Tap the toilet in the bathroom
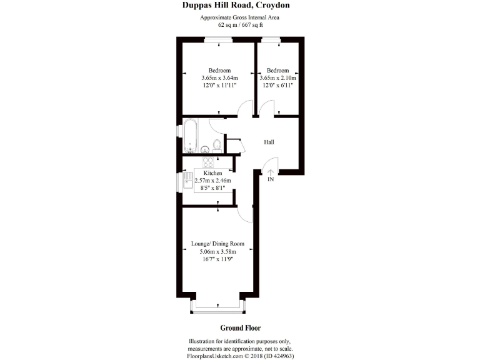pyautogui.click(x=217, y=146)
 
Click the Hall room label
pyautogui.click(x=269, y=142)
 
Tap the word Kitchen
pyautogui.click(x=212, y=172)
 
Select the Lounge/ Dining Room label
pyautogui.click(x=217, y=244)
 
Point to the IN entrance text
pyautogui.click(x=271, y=180)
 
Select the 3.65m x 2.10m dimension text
pyautogui.click(x=278, y=78)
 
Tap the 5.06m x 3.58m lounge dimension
pyautogui.click(x=217, y=252)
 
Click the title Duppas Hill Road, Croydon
pyautogui.click(x=240, y=6)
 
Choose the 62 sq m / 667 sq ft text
pyautogui.click(x=240, y=26)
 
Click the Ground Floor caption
pyautogui.click(x=240, y=328)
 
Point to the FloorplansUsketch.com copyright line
pyautogui.click(x=240, y=356)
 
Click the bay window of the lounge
pyautogui.click(x=217, y=309)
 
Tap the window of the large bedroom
pyautogui.click(x=218, y=40)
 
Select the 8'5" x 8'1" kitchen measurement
pyautogui.click(x=212, y=188)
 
